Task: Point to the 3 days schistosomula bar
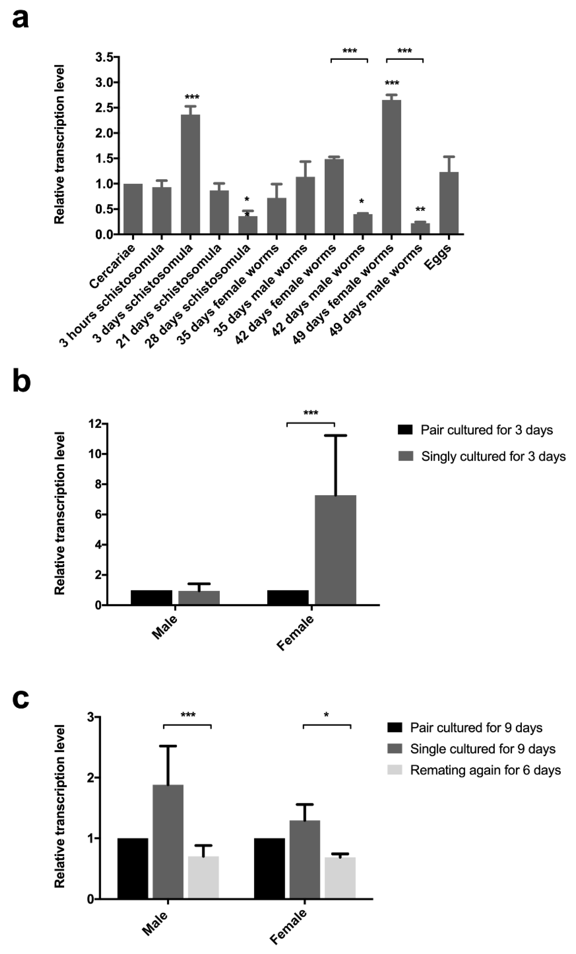191,174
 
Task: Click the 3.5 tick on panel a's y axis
105,57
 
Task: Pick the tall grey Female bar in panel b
335,550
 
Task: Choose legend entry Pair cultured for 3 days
486,430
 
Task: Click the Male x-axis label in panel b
165,627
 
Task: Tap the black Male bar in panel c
132,868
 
